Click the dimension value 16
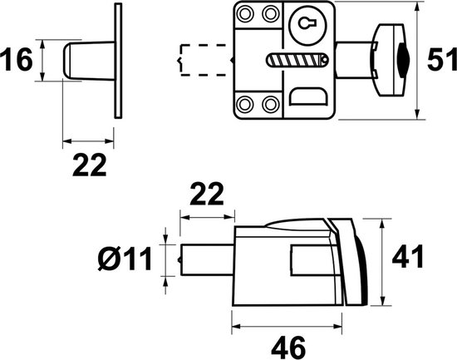(x=17, y=60)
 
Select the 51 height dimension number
(x=442, y=60)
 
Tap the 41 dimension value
(x=407, y=256)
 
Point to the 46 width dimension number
(x=288, y=348)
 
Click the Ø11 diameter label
(x=125, y=259)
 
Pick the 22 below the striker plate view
(x=90, y=165)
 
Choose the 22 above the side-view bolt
(x=207, y=194)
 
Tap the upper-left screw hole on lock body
(x=244, y=13)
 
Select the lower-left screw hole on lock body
(x=244, y=104)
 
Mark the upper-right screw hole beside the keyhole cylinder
(x=270, y=13)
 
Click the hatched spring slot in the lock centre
(x=297, y=60)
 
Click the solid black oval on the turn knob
(x=402, y=60)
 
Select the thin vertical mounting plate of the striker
(x=118, y=61)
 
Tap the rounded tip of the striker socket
(x=66, y=61)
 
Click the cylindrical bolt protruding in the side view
(x=206, y=259)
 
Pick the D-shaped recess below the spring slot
(x=307, y=96)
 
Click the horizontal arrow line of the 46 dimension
(x=287, y=326)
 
